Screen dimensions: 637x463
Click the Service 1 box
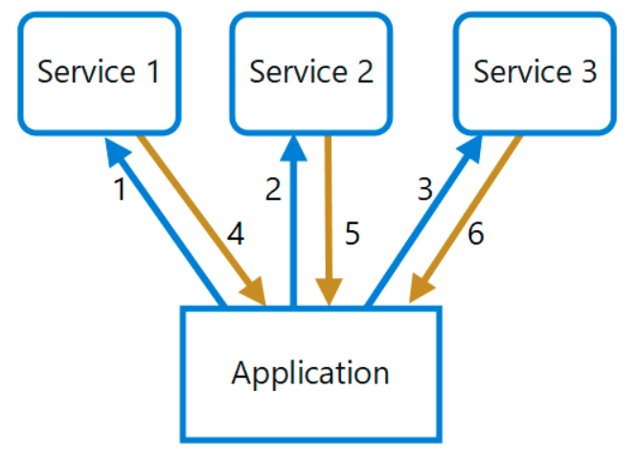(100, 74)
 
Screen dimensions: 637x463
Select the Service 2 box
(311, 74)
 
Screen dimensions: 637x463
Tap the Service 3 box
(535, 74)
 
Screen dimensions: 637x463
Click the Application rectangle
(311, 374)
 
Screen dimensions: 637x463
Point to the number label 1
(120, 190)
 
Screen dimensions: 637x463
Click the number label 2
(273, 190)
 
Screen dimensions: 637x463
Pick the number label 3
(425, 190)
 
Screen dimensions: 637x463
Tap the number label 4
(236, 234)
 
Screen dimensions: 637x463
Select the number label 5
(353, 234)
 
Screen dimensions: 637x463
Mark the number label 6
(476, 234)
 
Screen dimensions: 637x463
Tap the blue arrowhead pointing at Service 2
(293, 149)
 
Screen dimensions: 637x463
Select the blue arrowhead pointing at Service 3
(470, 150)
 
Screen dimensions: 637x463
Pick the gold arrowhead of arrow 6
(421, 289)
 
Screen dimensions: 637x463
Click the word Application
(310, 373)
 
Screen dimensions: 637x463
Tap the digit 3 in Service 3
(589, 72)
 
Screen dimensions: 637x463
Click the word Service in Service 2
(299, 72)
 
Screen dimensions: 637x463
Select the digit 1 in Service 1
(153, 72)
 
